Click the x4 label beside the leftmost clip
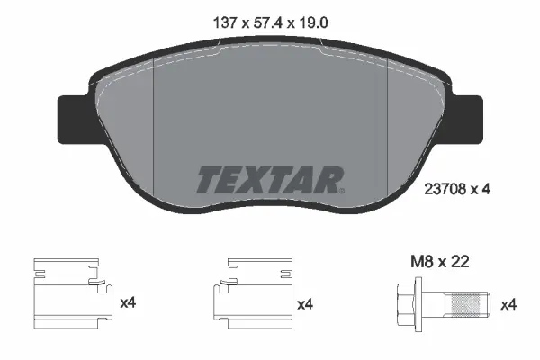(129, 303)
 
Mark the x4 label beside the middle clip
(306, 303)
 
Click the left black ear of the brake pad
(72, 113)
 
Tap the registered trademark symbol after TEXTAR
(342, 190)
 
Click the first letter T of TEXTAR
(208, 179)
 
